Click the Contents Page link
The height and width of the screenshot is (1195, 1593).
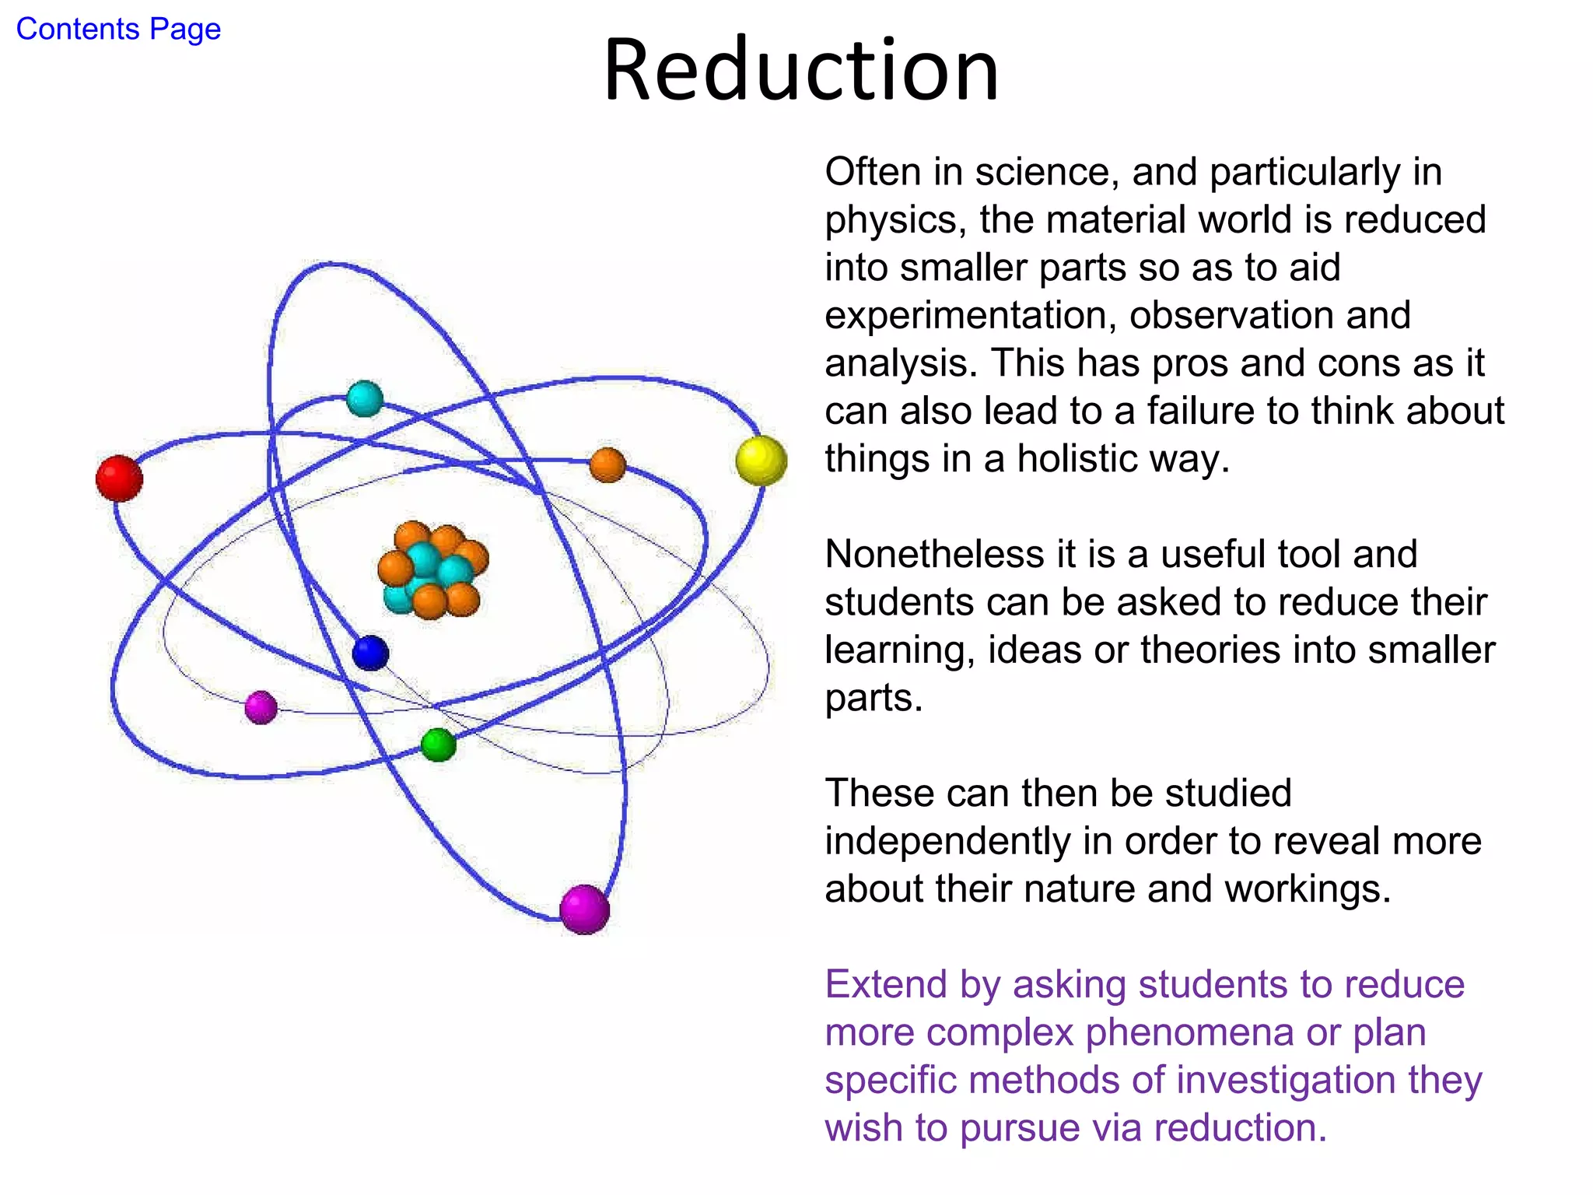point(118,30)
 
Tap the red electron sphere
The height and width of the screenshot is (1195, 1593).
point(119,478)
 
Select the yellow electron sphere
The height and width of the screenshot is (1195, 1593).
point(761,461)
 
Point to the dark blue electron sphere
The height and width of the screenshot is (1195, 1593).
point(370,653)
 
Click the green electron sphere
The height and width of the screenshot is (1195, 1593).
point(439,745)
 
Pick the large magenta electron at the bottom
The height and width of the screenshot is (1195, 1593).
point(584,909)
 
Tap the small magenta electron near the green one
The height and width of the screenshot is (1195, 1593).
point(261,707)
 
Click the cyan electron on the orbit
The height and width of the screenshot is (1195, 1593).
point(364,398)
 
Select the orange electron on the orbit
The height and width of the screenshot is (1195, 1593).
point(607,464)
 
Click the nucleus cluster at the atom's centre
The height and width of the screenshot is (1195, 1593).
point(432,570)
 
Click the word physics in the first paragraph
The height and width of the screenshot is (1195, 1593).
point(891,220)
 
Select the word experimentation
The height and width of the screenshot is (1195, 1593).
point(970,316)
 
